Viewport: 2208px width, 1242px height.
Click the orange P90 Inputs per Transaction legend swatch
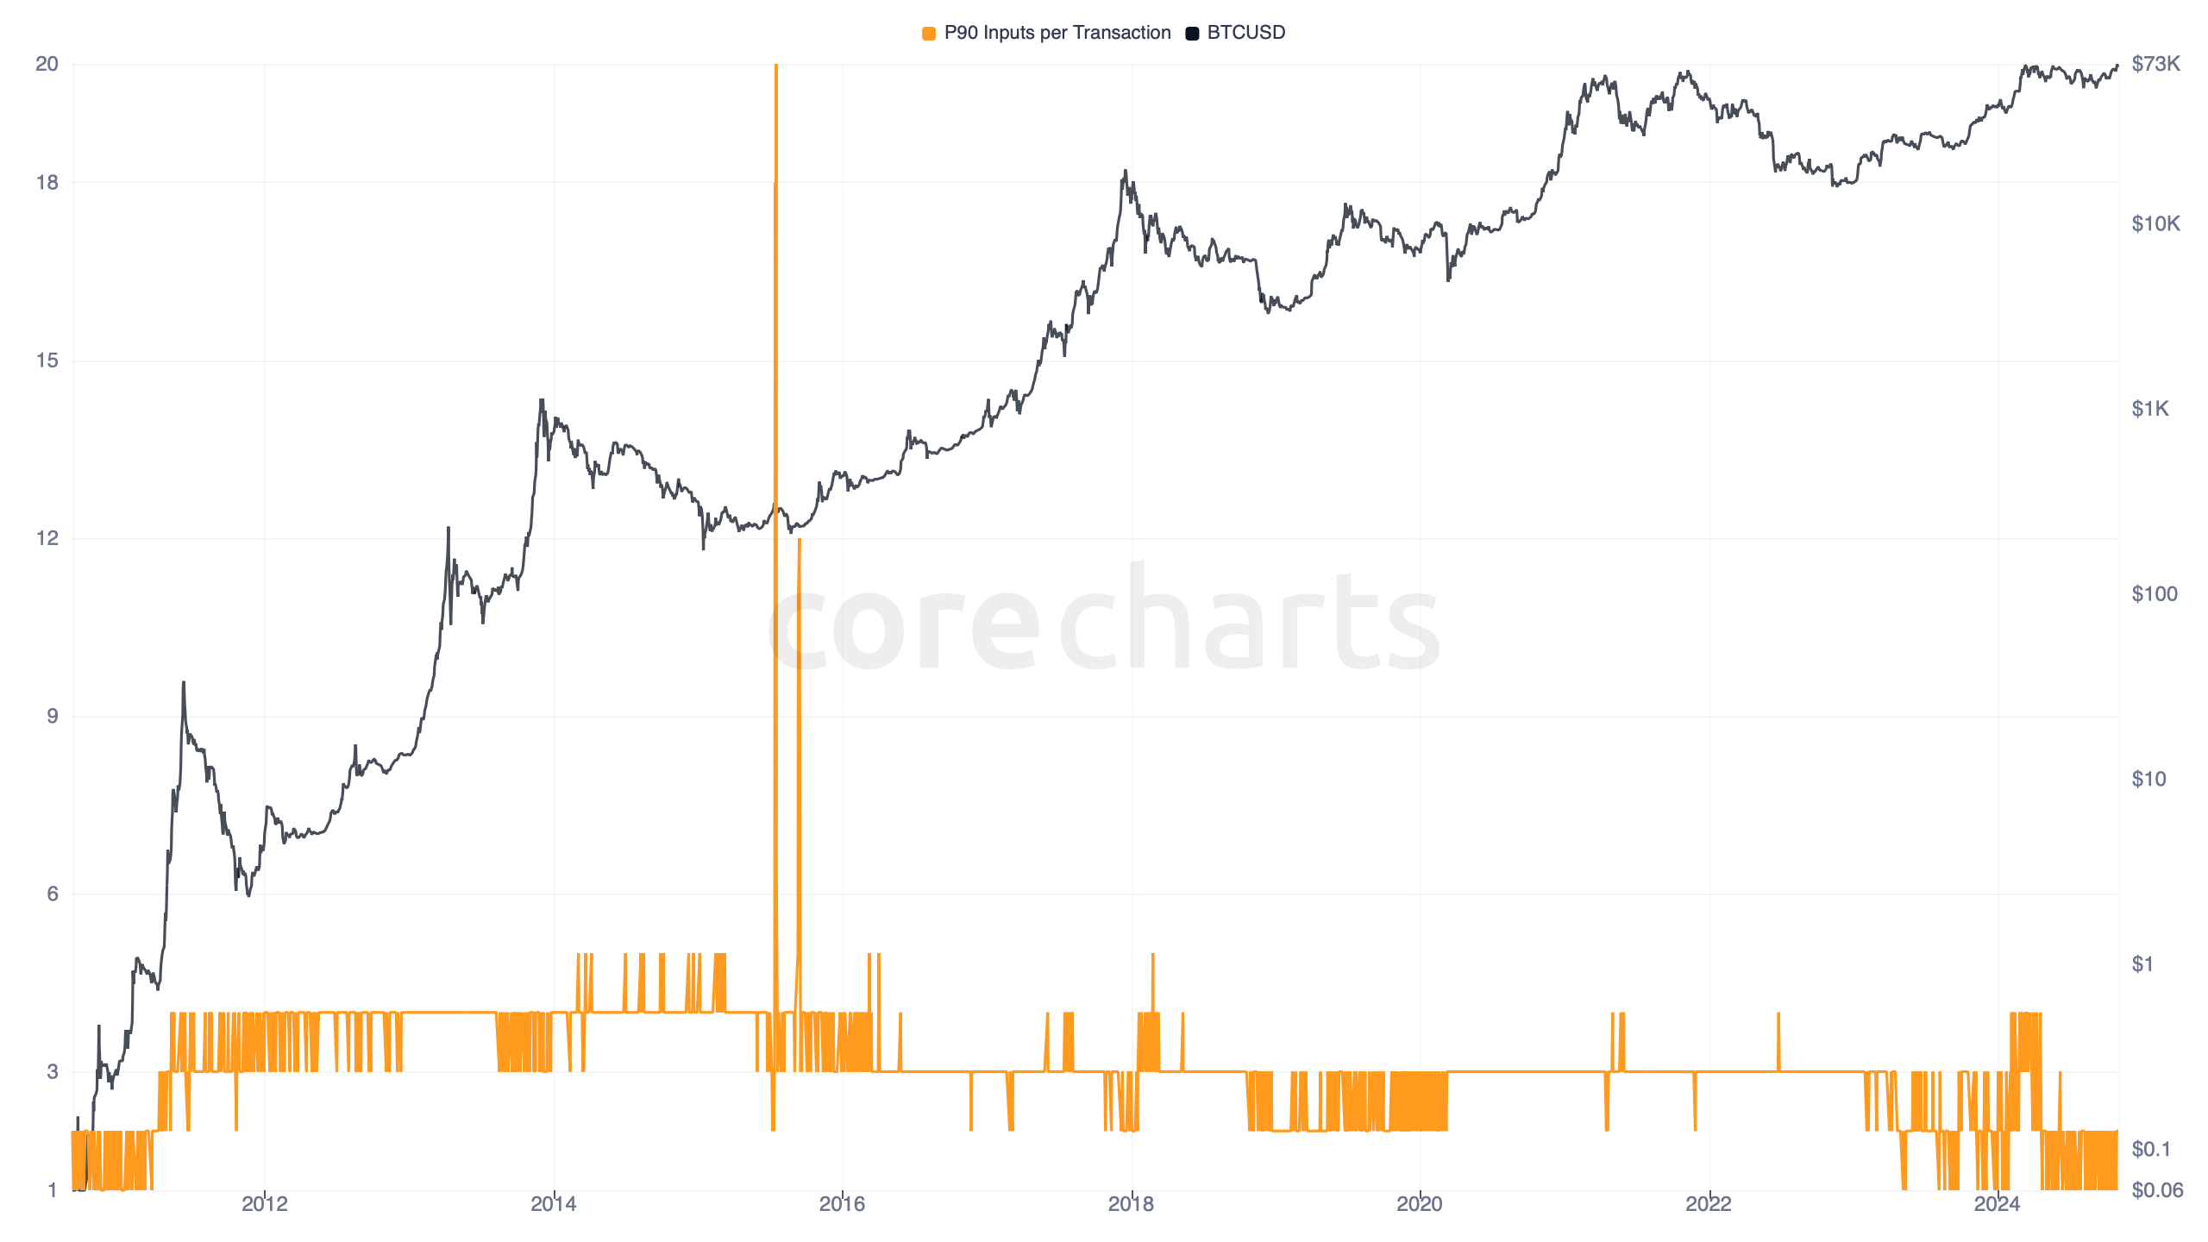point(929,34)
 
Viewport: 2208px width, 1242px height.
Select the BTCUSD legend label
point(1245,33)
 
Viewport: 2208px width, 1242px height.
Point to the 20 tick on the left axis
point(47,64)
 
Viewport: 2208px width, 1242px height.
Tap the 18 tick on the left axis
point(47,182)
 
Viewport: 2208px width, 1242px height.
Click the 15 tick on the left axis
point(47,361)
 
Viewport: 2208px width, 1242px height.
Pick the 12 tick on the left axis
point(47,538)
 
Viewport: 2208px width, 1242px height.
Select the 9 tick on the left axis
point(52,716)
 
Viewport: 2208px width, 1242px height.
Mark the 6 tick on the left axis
point(52,894)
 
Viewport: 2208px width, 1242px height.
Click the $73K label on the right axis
point(2155,64)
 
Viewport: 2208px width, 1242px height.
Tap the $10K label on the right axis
point(2155,224)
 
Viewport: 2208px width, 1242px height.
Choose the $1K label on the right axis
point(2149,409)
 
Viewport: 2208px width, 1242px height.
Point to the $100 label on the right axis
point(2154,593)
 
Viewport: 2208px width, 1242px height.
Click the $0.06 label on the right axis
point(2156,1190)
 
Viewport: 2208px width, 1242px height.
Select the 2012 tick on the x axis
point(265,1204)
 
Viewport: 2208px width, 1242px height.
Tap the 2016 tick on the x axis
point(842,1204)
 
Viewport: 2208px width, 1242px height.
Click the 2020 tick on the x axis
point(1419,1204)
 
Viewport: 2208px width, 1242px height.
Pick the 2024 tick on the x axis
point(1997,1204)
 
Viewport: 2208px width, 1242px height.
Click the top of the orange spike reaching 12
point(800,540)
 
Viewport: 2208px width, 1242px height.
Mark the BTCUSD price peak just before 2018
point(1125,172)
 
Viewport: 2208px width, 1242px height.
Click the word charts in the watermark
point(1249,621)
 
